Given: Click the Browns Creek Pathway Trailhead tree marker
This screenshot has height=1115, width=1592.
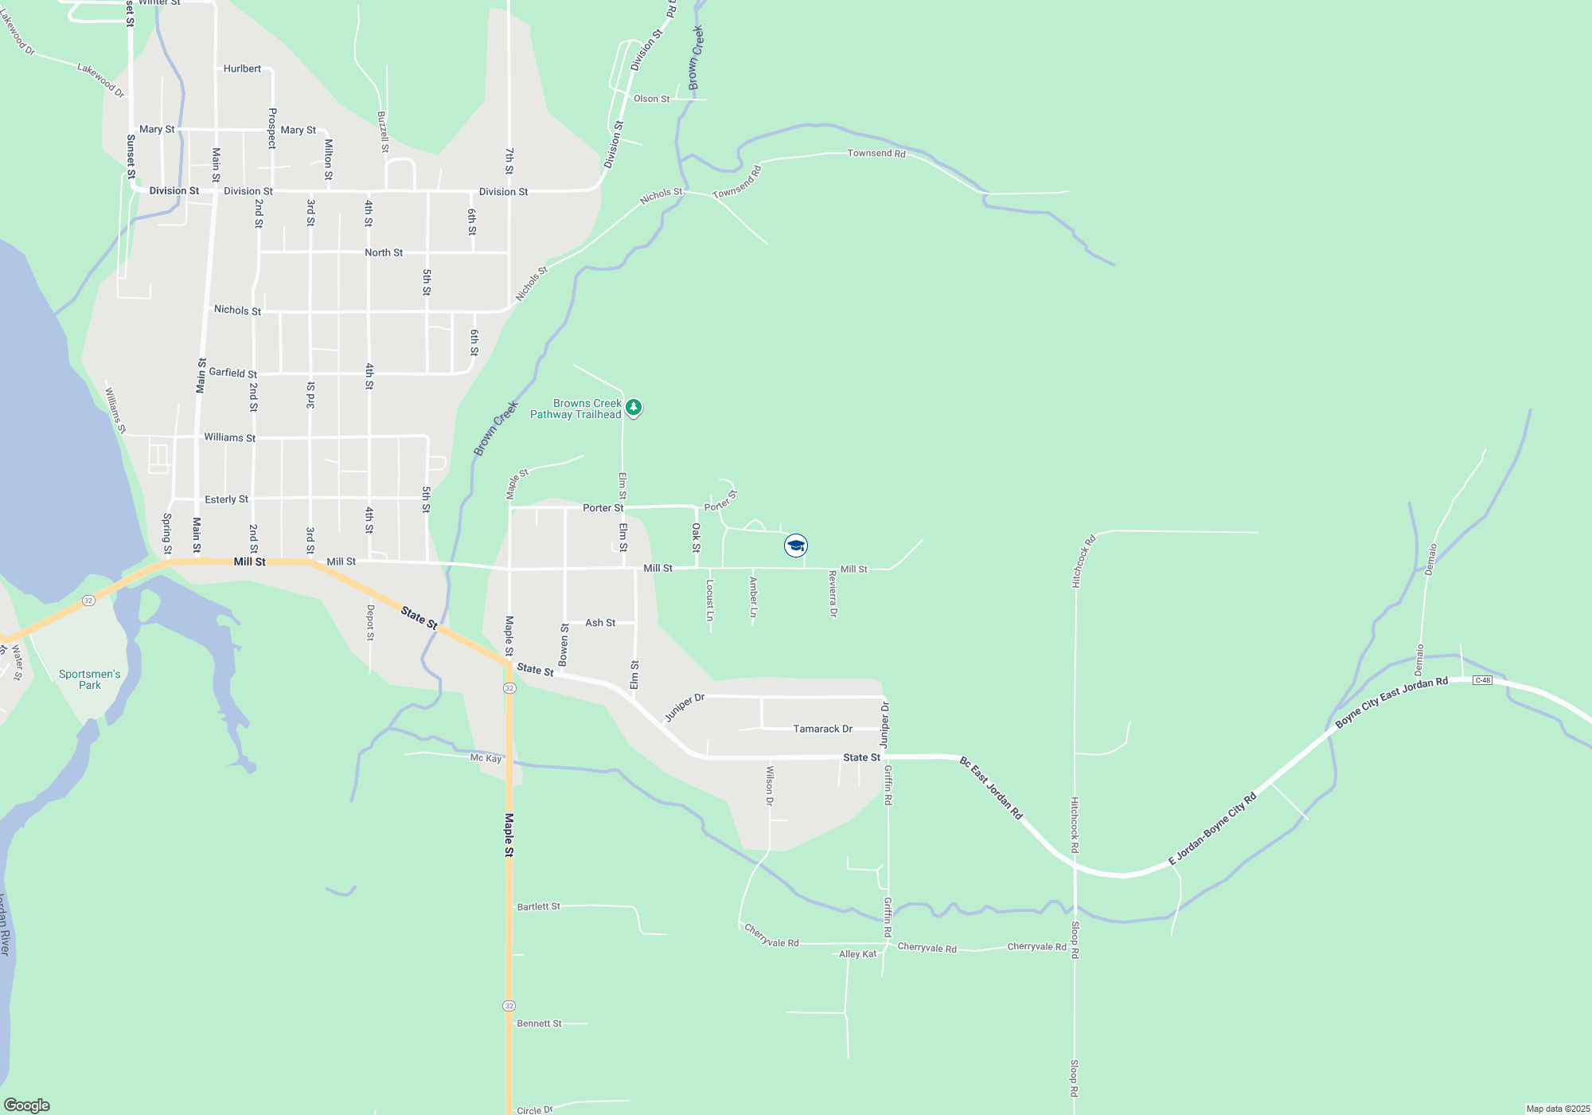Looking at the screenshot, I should point(634,408).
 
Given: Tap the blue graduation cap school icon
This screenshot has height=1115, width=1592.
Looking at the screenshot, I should point(796,546).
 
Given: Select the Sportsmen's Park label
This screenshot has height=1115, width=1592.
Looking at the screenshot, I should point(90,679).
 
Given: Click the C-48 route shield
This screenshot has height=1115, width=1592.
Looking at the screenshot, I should point(1482,680).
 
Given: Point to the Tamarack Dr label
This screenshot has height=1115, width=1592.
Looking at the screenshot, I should point(822,729).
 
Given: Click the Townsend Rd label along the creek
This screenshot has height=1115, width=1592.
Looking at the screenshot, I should point(876,153).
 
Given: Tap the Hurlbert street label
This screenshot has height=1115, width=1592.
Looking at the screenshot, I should point(242,68).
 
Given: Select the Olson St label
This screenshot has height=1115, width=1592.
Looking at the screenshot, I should point(651,99).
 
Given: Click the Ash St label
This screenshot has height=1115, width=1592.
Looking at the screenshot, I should point(600,623).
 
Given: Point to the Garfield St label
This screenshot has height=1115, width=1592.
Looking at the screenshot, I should point(232,373).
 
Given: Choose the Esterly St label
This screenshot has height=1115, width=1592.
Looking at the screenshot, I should point(226,499).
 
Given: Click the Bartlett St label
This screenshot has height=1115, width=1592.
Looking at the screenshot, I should point(538,906).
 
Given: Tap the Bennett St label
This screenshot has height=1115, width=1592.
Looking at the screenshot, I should point(539,1023).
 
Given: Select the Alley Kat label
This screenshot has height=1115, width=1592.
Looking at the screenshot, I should point(857,954).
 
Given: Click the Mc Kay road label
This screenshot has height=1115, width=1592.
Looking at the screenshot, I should point(486,758).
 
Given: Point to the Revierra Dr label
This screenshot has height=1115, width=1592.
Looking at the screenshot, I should point(833,593).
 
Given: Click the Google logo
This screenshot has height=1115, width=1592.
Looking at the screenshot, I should point(27,1105).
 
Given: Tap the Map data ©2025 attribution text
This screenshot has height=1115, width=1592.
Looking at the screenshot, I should point(1558,1109).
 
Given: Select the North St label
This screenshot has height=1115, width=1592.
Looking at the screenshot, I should point(384,252).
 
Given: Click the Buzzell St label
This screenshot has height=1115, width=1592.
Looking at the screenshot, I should point(383,131).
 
